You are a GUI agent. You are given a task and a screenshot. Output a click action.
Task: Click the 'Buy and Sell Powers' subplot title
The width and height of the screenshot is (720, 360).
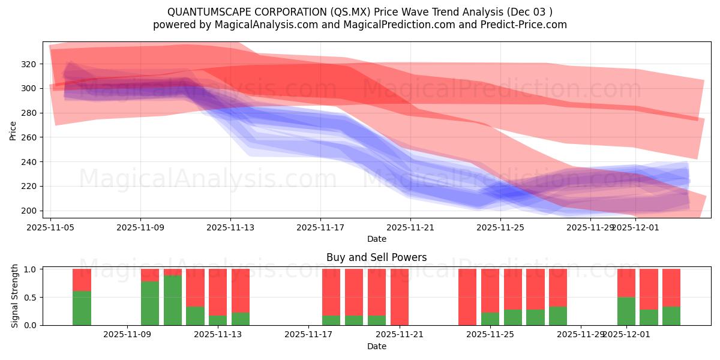(x=376, y=257)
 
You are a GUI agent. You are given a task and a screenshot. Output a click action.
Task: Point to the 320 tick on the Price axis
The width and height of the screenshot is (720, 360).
(x=29, y=64)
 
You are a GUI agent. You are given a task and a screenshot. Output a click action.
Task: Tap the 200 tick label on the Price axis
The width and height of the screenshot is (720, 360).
(x=29, y=211)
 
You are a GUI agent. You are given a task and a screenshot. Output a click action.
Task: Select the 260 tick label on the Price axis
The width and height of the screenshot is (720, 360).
(x=29, y=137)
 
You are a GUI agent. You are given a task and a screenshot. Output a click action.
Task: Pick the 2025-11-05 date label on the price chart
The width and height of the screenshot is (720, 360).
(x=51, y=227)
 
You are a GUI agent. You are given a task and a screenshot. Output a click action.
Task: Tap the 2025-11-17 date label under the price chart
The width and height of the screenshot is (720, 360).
(x=320, y=227)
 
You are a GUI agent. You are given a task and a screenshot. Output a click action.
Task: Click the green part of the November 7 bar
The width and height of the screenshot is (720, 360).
(x=82, y=308)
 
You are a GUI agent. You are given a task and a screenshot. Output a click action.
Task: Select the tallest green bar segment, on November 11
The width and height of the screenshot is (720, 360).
(x=173, y=300)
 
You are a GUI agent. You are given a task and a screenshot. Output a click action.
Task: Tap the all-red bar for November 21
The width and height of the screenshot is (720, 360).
(x=400, y=297)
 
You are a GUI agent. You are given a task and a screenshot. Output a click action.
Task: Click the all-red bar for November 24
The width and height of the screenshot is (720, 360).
(x=467, y=297)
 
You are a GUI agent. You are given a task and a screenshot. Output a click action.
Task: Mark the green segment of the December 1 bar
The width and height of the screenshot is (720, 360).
(x=626, y=311)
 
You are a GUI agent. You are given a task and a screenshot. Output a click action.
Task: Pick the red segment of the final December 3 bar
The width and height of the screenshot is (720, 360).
(x=671, y=287)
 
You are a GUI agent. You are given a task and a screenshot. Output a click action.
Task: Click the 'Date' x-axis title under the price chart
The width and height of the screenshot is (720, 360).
(x=376, y=239)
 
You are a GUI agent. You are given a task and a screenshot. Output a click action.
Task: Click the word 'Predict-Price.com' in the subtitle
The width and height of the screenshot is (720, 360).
(x=529, y=25)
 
